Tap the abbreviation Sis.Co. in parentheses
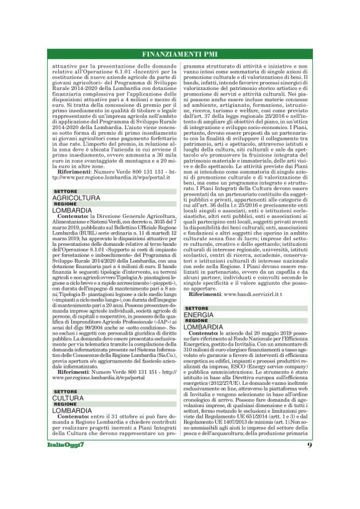click(153, 355)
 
